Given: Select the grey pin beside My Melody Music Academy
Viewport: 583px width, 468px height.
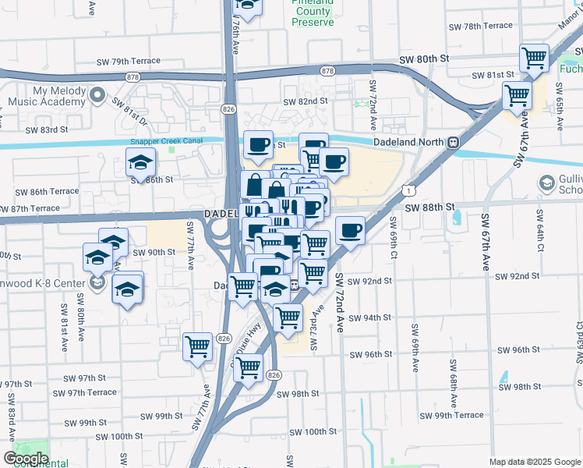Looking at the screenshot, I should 97,96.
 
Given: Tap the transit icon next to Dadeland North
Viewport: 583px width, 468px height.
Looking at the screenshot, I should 452,144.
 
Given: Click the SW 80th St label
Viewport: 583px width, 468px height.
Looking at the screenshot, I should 424,59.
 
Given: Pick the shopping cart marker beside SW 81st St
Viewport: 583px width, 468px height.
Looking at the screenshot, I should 535,58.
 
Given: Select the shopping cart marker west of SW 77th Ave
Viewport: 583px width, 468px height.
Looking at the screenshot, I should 198,346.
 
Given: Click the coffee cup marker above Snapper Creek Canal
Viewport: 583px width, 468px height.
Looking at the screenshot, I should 258,144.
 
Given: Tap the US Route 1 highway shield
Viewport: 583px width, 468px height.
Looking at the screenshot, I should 408,189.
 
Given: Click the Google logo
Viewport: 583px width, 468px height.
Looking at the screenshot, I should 25,459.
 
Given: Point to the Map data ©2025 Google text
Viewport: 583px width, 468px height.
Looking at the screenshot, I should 535,462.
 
